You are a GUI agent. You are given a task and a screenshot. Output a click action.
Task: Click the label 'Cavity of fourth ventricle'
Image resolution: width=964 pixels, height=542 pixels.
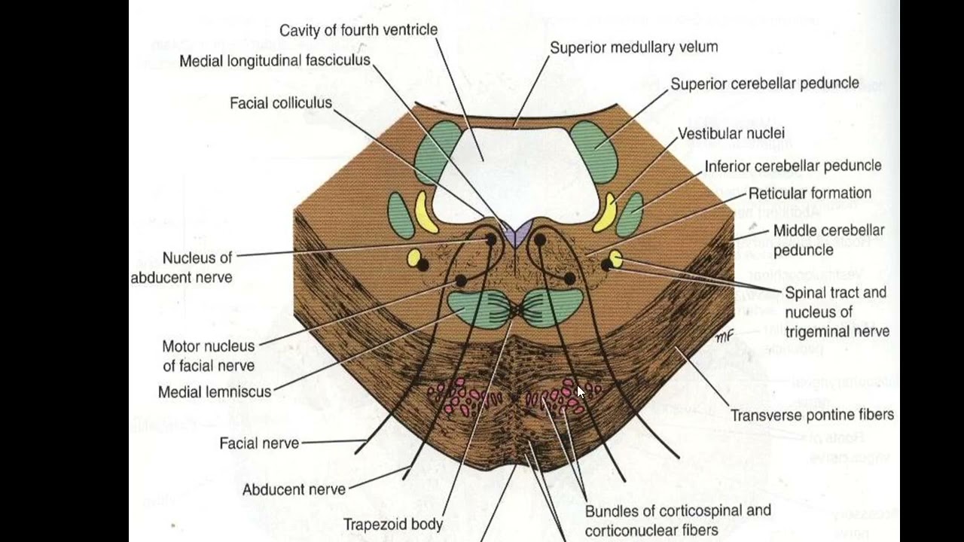coord(358,30)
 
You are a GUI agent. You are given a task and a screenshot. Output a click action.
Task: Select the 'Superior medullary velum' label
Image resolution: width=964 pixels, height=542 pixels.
coord(633,47)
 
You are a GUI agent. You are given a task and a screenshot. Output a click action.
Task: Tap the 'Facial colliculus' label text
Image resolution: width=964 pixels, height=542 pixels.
coord(281,103)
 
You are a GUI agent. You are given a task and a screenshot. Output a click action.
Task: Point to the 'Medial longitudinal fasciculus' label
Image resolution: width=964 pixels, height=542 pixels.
coord(275,61)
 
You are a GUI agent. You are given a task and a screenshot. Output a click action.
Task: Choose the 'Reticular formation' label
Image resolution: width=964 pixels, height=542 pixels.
coord(810,193)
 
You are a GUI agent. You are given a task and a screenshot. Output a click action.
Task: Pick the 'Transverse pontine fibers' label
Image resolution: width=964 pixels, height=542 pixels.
coord(812,415)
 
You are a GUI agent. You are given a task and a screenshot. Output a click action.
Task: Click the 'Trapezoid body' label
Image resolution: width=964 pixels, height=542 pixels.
coord(393,524)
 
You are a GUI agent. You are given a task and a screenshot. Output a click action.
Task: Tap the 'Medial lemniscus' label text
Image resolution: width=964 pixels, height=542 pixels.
coord(215,392)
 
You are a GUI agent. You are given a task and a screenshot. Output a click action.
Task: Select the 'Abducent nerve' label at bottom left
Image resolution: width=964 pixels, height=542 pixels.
coord(294,490)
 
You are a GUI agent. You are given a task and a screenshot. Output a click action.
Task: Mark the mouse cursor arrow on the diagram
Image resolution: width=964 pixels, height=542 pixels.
coord(580,391)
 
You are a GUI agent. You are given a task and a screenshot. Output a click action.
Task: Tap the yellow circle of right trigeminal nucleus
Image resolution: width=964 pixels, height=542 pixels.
coord(615,259)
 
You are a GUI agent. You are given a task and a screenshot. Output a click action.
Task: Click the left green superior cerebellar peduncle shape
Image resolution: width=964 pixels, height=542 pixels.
coord(438,151)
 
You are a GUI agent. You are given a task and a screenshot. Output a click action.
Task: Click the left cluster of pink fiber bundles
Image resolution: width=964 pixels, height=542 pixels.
coord(463,397)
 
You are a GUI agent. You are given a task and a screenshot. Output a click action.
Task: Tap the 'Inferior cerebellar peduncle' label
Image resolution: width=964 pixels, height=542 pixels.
coord(792,166)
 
